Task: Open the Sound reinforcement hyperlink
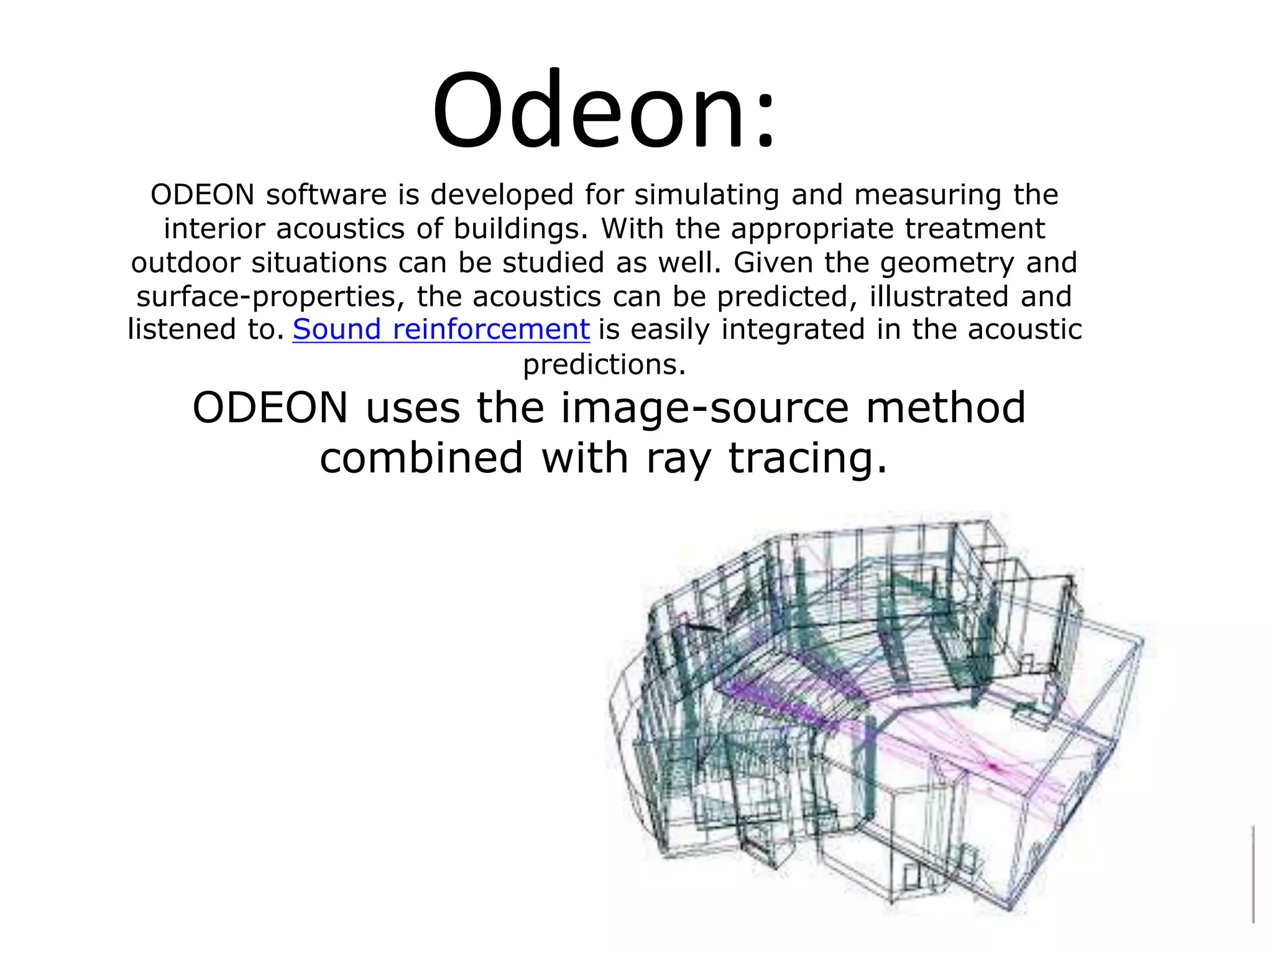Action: pyautogui.click(x=441, y=329)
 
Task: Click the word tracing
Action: pyautogui.click(x=808, y=459)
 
